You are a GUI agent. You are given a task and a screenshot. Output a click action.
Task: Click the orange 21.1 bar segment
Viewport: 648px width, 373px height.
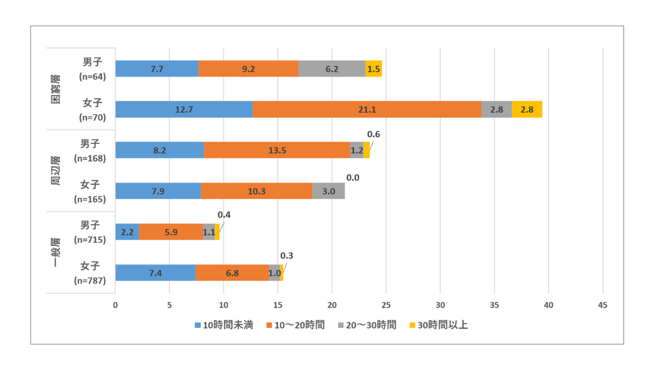coord(367,109)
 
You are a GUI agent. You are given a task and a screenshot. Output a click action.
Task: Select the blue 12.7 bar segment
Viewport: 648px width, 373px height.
coord(184,109)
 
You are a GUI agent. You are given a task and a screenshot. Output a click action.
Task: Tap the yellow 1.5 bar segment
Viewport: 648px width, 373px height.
coord(374,68)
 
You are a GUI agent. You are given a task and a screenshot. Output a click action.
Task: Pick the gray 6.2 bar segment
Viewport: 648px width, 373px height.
coord(332,68)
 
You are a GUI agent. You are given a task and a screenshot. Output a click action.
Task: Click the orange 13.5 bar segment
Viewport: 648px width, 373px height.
coord(277,150)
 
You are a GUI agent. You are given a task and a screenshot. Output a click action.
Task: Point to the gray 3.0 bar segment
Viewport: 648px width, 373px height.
coord(329,191)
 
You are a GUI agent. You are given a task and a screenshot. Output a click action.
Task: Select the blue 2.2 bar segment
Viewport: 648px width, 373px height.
coord(127,232)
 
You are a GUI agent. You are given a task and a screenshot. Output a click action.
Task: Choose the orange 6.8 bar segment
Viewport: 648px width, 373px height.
coord(232,273)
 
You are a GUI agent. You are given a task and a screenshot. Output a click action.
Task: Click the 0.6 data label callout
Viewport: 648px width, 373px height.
coord(373,134)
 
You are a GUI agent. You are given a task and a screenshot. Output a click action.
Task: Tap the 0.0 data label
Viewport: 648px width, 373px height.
coord(353,178)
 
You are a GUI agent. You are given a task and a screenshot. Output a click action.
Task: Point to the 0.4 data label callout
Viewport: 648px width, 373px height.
coord(224,215)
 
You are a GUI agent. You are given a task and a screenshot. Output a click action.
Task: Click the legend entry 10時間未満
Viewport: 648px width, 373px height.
coord(224,325)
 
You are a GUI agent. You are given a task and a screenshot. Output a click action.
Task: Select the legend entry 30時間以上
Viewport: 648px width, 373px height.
coord(439,325)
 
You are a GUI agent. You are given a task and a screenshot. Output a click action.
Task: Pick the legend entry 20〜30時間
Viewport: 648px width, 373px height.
coord(367,325)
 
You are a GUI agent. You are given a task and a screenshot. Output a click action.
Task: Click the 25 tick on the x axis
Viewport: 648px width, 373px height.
coord(386,305)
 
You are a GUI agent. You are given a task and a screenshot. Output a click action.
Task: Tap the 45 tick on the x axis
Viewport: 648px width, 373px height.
coord(602,305)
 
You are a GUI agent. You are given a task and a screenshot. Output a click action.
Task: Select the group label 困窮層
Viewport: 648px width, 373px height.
coord(56,89)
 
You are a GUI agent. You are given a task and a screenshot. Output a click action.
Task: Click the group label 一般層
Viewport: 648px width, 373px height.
coord(56,252)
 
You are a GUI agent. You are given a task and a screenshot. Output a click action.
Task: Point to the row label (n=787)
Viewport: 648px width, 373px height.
coord(90,280)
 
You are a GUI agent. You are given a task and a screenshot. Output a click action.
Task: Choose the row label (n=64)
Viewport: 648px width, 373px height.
coord(93,77)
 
